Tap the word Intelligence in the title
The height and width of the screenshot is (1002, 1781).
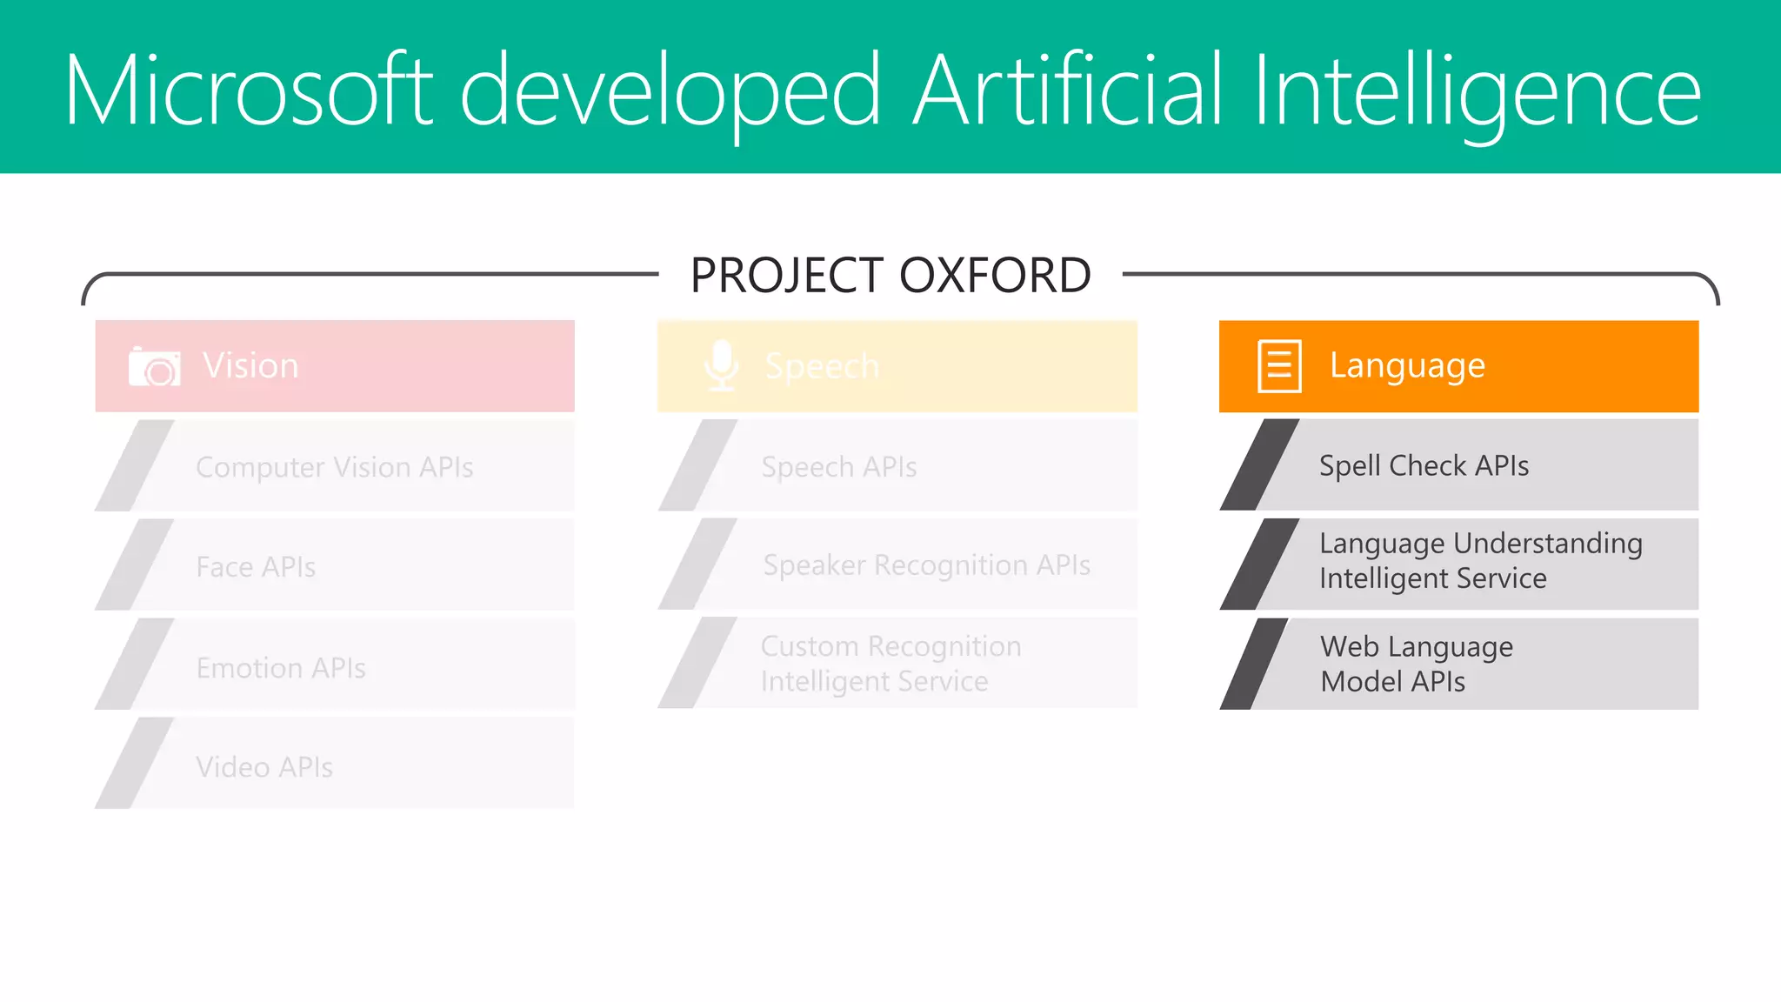tap(1476, 90)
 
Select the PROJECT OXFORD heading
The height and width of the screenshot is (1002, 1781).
tap(890, 275)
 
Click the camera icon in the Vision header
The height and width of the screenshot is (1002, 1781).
tap(155, 366)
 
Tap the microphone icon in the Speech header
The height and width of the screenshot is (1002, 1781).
tap(721, 365)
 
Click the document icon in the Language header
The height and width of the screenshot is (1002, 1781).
tap(1279, 366)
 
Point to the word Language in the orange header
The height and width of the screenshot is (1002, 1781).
tap(1407, 365)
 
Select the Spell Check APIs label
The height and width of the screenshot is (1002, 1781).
tap(1424, 465)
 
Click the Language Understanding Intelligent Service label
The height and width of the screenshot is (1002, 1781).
tap(1480, 561)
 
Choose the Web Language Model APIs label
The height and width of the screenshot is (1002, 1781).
tap(1416, 664)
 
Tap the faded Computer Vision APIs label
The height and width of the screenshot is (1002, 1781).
tap(335, 467)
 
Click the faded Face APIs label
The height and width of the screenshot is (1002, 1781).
tap(256, 567)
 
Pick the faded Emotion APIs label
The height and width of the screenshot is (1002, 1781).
tap(281, 668)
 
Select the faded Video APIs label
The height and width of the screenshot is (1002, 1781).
tap(264, 767)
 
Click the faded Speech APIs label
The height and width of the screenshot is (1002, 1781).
tap(839, 467)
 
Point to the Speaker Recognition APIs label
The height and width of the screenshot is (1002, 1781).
tap(926, 565)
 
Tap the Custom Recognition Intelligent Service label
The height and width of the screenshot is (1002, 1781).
tap(890, 664)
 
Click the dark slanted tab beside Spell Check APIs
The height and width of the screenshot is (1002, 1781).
tap(1259, 465)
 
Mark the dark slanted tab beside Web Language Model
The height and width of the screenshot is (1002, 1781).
tap(1253, 664)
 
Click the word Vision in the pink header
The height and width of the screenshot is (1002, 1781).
tap(250, 365)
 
